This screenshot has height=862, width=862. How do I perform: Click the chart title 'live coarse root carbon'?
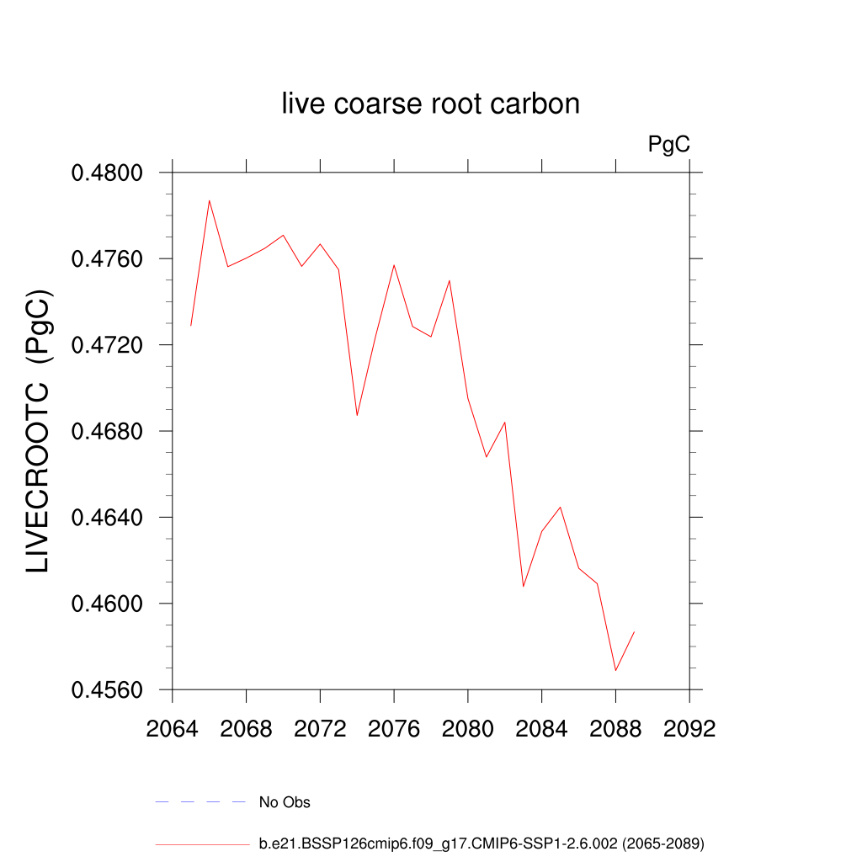[430, 104]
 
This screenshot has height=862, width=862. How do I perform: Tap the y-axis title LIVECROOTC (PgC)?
[39, 431]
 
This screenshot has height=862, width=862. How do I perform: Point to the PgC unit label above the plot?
[669, 145]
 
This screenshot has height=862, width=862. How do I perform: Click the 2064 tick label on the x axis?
[173, 728]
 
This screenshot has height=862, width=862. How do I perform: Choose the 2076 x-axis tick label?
[394, 728]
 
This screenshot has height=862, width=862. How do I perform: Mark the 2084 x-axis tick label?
[541, 728]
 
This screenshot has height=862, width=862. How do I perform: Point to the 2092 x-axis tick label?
[689, 728]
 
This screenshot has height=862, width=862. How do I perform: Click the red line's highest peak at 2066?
[210, 200]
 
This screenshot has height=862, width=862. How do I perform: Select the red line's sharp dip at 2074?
[357, 415]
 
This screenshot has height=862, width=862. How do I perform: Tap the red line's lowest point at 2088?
[615, 670]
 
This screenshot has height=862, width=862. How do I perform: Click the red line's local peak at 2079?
[450, 280]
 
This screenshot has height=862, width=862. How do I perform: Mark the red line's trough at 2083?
[524, 586]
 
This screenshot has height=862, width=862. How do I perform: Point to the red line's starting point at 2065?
[191, 325]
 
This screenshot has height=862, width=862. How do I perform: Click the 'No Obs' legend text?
[285, 802]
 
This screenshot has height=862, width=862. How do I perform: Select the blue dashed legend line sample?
[200, 802]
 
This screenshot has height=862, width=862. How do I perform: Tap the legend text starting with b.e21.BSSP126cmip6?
[481, 843]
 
